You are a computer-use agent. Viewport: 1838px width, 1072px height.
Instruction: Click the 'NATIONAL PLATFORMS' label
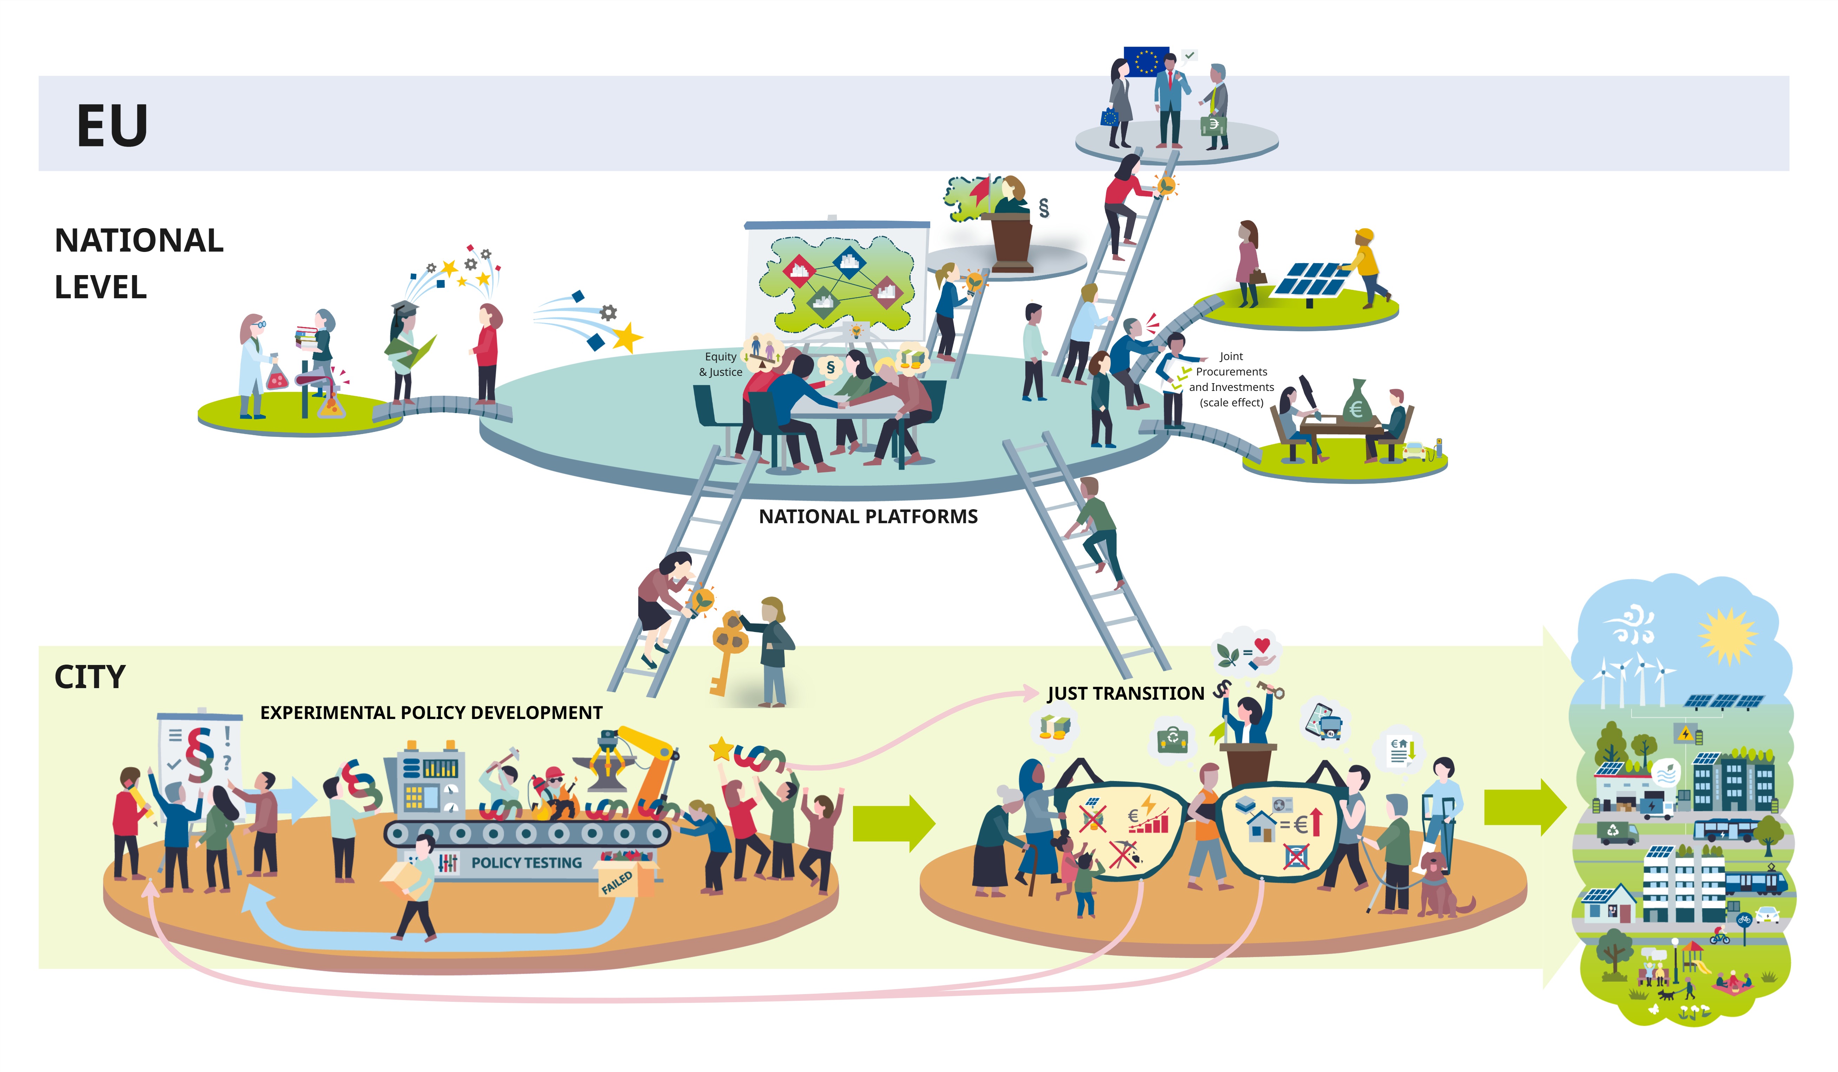pyautogui.click(x=868, y=516)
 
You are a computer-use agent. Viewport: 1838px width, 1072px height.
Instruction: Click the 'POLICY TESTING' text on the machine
pyautogui.click(x=527, y=863)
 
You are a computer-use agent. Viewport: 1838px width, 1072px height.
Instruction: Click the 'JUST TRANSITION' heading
pyautogui.click(x=1125, y=693)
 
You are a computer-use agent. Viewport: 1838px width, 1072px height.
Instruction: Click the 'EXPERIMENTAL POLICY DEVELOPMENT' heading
pyautogui.click(x=431, y=712)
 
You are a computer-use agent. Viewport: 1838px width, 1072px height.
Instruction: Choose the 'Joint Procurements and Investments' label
pyautogui.click(x=1231, y=379)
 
